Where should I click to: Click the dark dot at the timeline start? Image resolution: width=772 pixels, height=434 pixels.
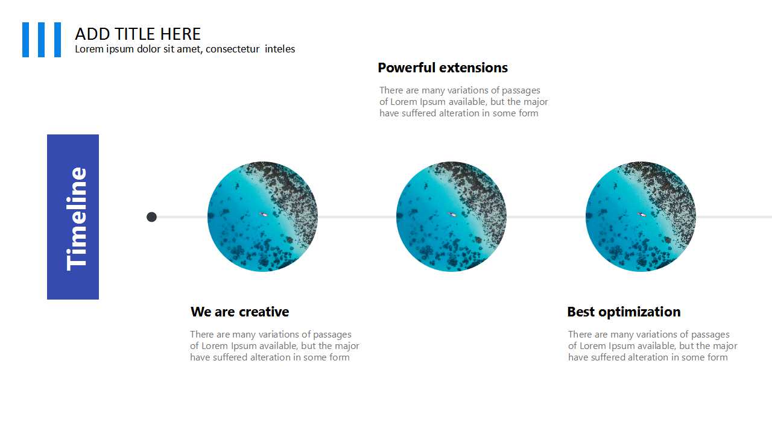tap(151, 217)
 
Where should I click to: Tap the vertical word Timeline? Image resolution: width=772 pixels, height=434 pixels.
tap(76, 219)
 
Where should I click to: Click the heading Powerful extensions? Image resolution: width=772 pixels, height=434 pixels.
tap(443, 68)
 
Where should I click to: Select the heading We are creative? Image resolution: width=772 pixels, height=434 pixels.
tap(239, 312)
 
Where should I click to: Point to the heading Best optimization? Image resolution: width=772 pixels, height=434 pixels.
tap(624, 312)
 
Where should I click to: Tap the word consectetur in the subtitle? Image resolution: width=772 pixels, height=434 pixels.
tap(232, 49)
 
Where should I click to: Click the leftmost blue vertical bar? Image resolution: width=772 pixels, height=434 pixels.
tap(25, 40)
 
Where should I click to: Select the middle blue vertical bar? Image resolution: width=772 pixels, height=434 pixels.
tap(42, 40)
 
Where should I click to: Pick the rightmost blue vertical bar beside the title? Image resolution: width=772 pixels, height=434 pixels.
tap(57, 40)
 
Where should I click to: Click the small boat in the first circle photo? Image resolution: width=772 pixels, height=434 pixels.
tap(264, 214)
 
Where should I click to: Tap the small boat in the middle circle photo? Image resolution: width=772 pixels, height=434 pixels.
tap(452, 214)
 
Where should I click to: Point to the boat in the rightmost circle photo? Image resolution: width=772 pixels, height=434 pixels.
tap(642, 214)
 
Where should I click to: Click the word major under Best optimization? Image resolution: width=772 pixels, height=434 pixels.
tap(726, 346)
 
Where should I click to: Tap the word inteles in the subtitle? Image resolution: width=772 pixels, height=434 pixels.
tap(280, 49)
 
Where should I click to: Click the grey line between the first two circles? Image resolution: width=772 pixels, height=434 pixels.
tap(357, 217)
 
